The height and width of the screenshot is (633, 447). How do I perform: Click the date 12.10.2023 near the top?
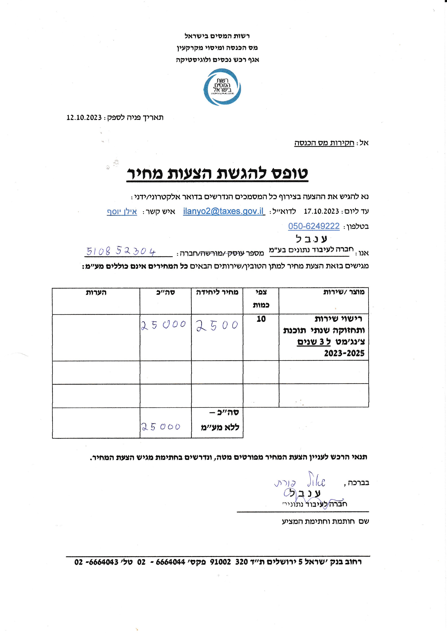pyautogui.click(x=84, y=118)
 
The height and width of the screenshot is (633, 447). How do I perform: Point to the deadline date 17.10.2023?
pyautogui.click(x=321, y=212)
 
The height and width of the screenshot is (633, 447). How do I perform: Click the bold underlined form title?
pyautogui.click(x=217, y=174)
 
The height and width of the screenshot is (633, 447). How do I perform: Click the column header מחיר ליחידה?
pyautogui.click(x=217, y=293)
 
